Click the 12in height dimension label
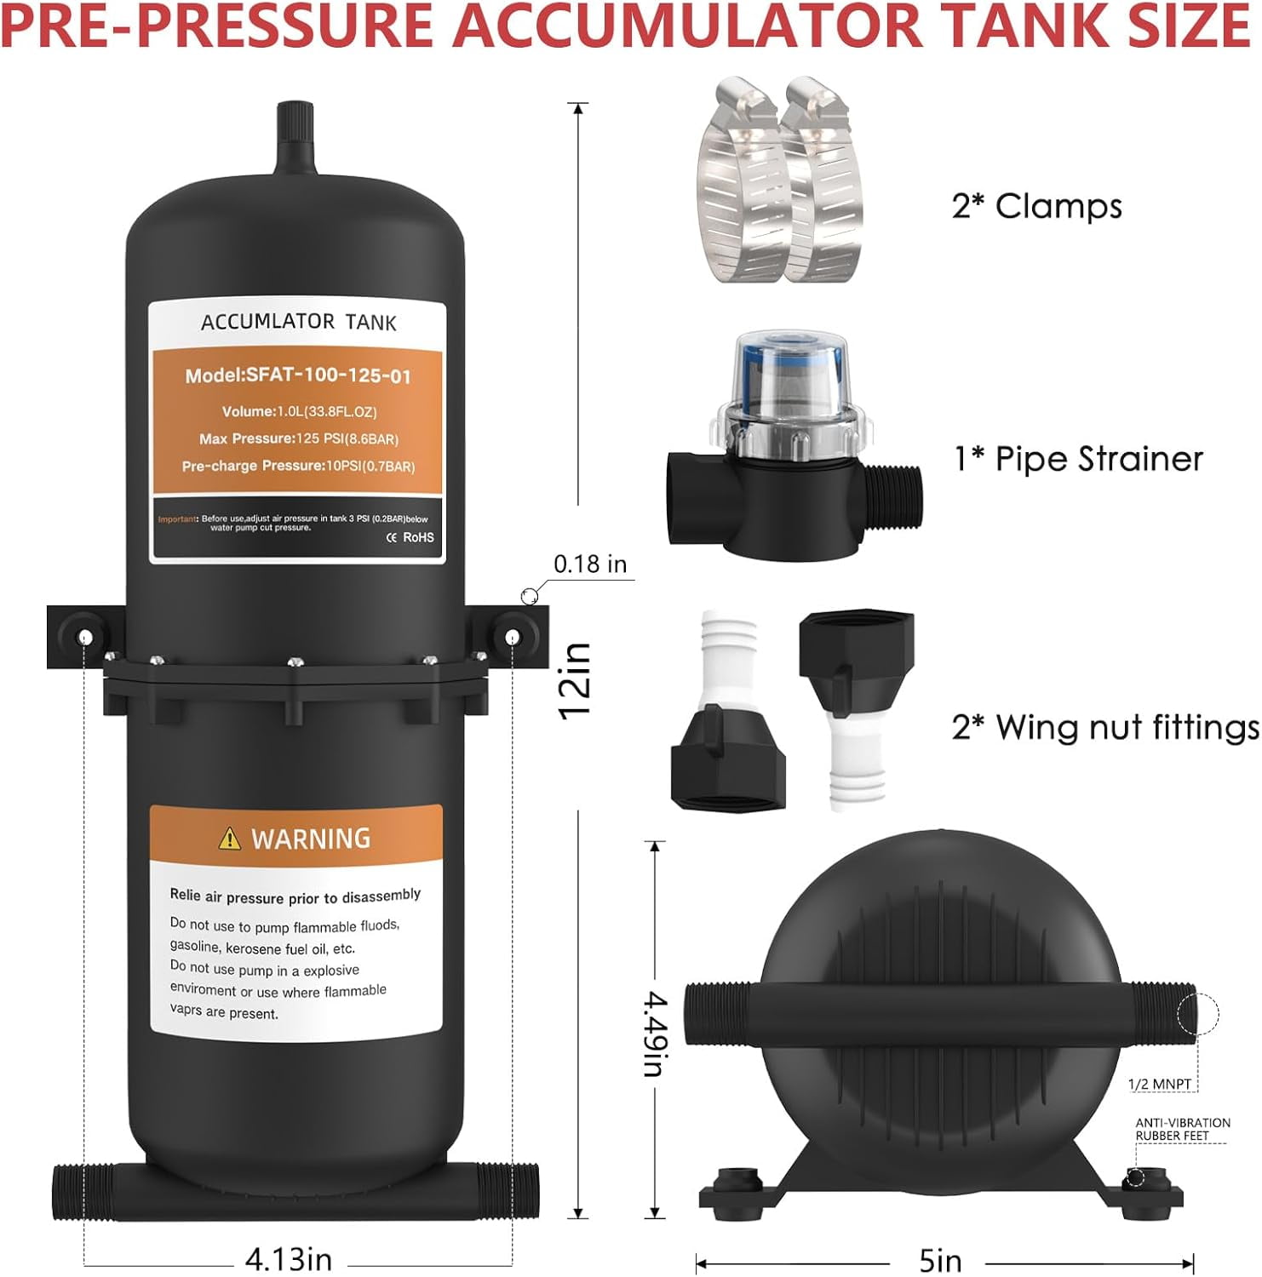575,681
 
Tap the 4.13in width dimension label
288,1258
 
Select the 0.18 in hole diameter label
589,564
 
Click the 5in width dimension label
940,1260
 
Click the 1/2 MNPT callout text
1159,1084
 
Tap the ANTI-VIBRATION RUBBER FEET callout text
1182,1129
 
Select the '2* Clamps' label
1036,206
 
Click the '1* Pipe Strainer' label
1078,459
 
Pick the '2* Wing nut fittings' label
1105,728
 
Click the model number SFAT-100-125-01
298,375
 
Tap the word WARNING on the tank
311,839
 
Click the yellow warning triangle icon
229,839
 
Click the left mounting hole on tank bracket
85,637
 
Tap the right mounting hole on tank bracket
511,637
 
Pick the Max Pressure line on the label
298,438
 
